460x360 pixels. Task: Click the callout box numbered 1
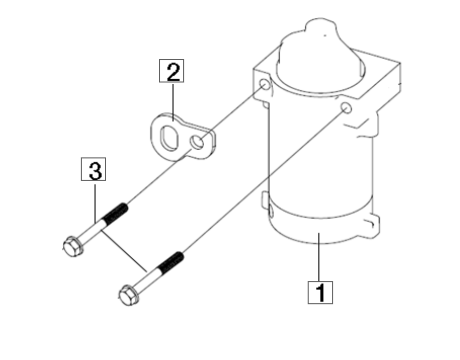(320, 292)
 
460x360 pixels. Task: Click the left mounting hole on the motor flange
(264, 84)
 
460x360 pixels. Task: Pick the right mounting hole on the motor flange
(346, 108)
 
